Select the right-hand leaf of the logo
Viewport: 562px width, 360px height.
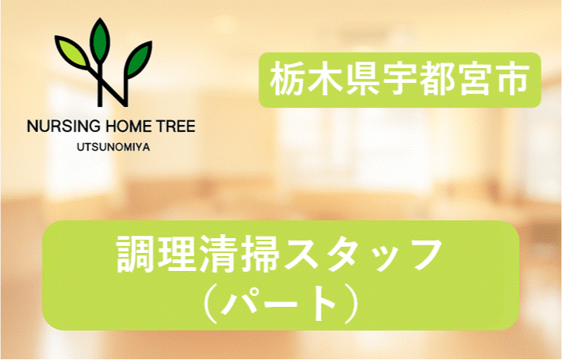(x=137, y=55)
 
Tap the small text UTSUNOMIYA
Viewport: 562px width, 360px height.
(x=110, y=144)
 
